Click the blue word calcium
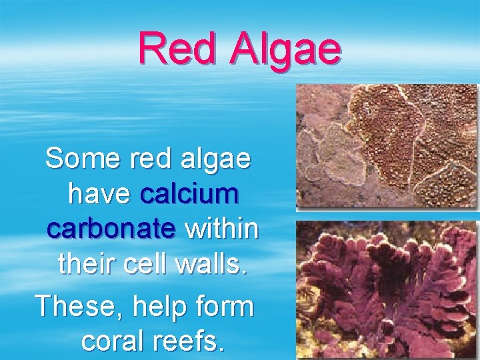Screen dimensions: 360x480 pyautogui.click(x=189, y=194)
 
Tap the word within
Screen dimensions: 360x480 pyautogui.click(x=221, y=229)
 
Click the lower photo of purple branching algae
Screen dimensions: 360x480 pyautogui.click(x=387, y=290)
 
